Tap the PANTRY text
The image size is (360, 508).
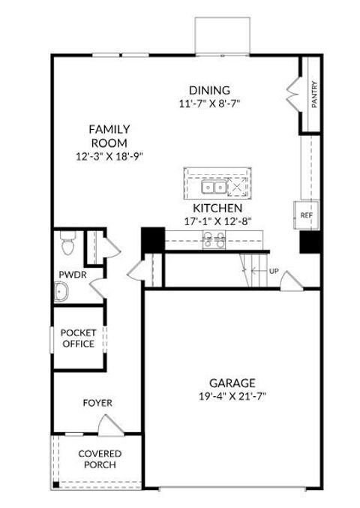[315, 95]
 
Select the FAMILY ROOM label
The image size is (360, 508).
[110, 136]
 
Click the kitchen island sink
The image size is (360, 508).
[211, 187]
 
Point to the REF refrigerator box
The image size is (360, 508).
[305, 215]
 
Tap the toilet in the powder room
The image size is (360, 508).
[66, 245]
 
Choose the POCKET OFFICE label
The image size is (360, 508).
[78, 338]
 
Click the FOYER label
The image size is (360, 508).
[97, 403]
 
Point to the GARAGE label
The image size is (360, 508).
[232, 382]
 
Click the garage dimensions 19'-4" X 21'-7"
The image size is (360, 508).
[232, 395]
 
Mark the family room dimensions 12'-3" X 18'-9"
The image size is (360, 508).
[110, 156]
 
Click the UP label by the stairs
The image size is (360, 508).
[274, 271]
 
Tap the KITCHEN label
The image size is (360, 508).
[217, 207]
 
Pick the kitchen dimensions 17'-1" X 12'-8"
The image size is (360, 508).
[217, 221]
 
